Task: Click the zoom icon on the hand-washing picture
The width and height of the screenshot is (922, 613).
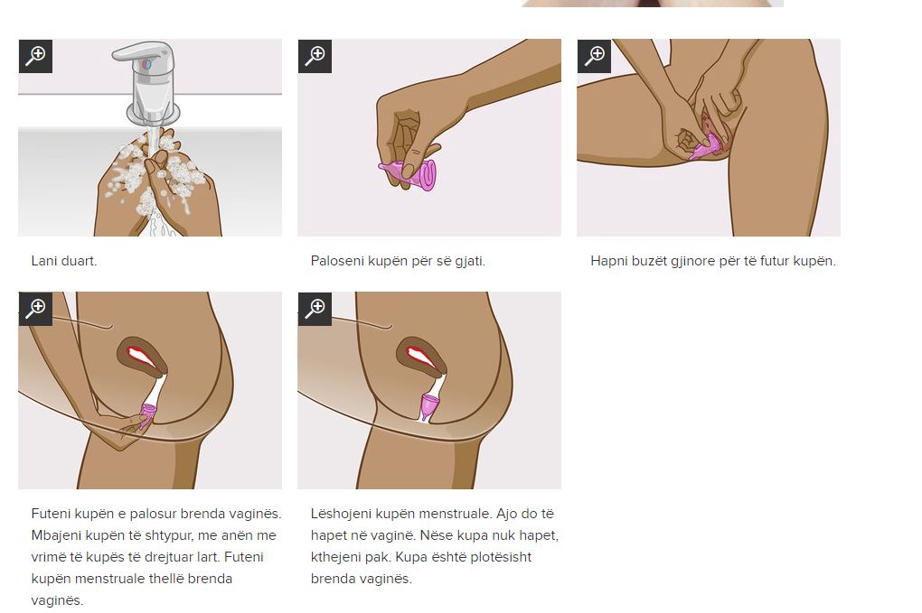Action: [x=35, y=56]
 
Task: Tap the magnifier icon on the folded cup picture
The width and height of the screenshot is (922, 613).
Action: [x=315, y=56]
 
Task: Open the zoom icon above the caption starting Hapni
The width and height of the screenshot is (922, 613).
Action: [x=594, y=56]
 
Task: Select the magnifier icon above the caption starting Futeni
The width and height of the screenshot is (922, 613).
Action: [x=35, y=309]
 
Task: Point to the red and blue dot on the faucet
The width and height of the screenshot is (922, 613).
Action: [x=147, y=63]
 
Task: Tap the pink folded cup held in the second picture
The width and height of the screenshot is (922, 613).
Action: [x=408, y=174]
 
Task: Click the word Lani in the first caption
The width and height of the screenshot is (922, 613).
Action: [x=44, y=261]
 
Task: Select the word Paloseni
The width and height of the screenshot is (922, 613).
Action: [x=337, y=261]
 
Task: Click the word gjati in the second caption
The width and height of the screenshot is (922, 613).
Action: [x=470, y=261]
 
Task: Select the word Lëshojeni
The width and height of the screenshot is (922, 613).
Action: [x=341, y=515]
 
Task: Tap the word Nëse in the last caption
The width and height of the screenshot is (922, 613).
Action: [x=433, y=535]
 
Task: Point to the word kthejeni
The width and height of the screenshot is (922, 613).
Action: [x=337, y=558]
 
